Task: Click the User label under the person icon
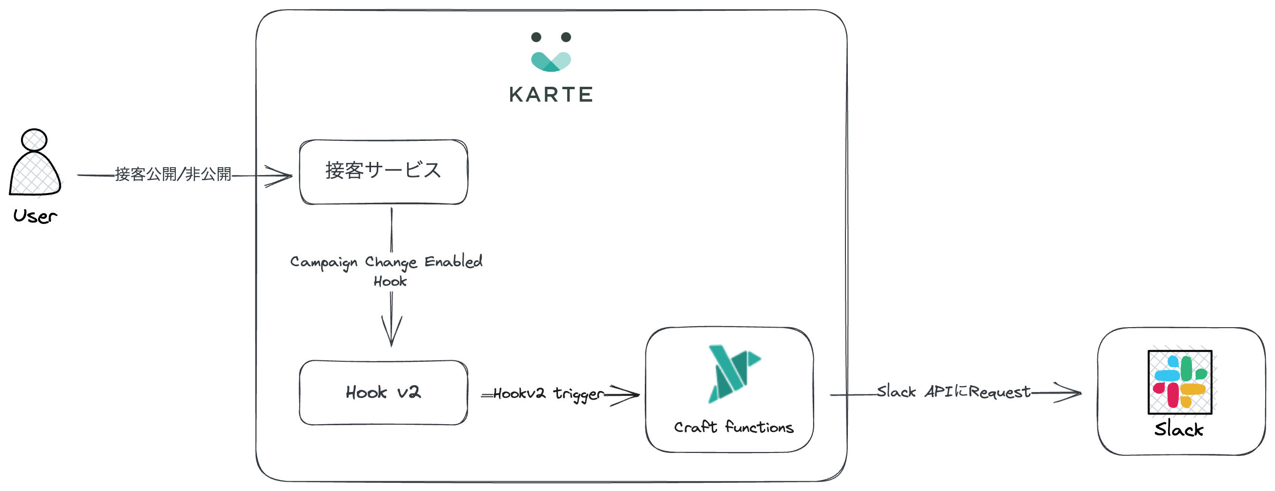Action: (x=35, y=216)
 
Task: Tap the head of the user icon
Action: (x=34, y=140)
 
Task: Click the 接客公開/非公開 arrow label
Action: (x=173, y=174)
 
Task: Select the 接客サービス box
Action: (x=383, y=172)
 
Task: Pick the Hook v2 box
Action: (x=383, y=392)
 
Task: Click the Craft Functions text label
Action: (x=734, y=427)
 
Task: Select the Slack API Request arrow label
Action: (x=953, y=392)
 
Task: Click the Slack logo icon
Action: (x=1179, y=382)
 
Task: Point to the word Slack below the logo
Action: (x=1178, y=429)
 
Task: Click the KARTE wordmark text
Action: (x=551, y=95)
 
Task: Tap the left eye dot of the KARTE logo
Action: (x=536, y=37)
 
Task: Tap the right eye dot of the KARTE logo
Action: (x=566, y=37)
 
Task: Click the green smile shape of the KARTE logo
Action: (x=551, y=61)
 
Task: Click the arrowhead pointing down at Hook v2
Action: (x=391, y=332)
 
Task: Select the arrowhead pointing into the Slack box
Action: (x=1069, y=393)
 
